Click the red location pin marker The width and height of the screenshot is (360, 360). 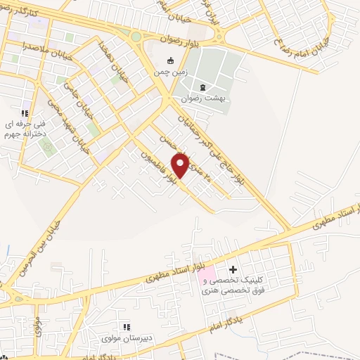pos(181,165)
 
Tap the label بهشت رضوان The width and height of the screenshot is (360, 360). pos(201,99)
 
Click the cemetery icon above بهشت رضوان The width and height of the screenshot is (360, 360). pos(202,87)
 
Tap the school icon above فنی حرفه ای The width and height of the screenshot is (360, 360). pos(25,112)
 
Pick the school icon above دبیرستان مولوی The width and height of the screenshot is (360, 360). pos(127,327)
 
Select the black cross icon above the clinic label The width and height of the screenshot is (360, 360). pos(233,269)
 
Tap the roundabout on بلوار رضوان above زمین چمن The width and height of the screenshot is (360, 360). pos(136,37)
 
